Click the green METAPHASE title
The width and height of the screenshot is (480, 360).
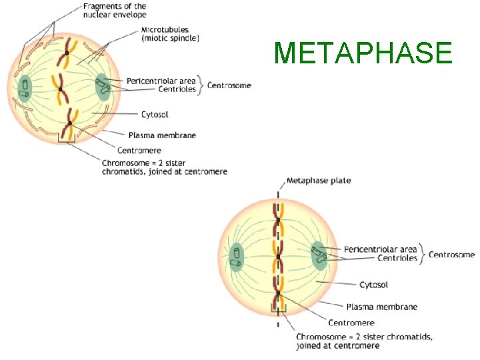pos(363,53)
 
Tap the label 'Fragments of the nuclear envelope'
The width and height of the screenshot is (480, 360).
pos(115,10)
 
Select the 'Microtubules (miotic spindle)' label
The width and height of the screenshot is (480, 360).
pos(170,34)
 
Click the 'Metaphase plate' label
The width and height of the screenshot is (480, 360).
pos(318,181)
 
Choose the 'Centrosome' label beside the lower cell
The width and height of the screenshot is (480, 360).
pos(451,254)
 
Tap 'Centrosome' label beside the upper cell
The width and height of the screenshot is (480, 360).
pos(229,85)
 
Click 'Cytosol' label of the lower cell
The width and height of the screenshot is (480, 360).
pos(373,285)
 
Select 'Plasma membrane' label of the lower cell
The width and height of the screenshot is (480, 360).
pos(382,307)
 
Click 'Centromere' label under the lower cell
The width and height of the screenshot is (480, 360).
pos(351,323)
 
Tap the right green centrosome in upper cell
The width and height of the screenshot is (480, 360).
pos(103,87)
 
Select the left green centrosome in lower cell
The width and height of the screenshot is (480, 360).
pos(236,257)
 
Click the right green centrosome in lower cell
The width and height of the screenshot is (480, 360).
pos(318,255)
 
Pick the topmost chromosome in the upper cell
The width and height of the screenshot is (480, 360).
pos(67,52)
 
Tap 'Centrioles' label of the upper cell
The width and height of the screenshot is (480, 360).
pos(177,89)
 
